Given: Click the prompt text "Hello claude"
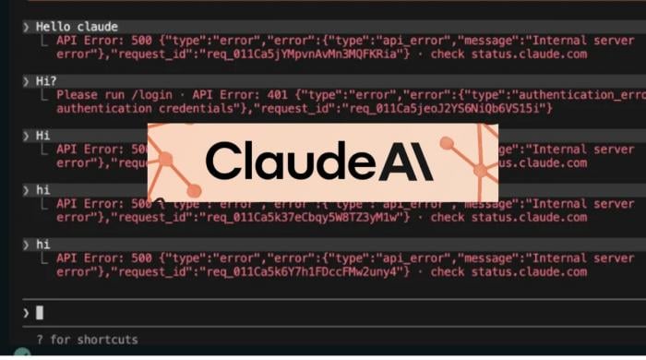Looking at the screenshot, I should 77,27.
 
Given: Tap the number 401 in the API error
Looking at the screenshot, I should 281,95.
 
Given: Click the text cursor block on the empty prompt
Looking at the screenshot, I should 40,313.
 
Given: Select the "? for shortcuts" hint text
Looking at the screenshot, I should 87,340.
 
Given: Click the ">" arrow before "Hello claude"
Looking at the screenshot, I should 26,27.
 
